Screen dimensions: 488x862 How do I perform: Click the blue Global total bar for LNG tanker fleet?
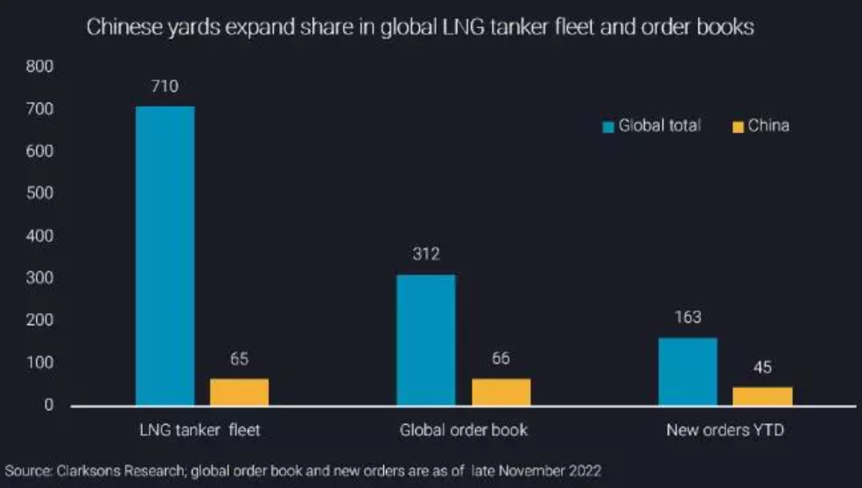[165, 255]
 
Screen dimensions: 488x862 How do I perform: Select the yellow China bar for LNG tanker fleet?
[240, 392]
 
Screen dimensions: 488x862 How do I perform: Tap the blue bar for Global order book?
[426, 340]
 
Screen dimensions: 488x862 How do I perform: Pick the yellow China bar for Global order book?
[501, 392]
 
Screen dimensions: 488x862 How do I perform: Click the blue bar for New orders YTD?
[688, 371]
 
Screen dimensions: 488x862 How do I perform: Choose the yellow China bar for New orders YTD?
[762, 396]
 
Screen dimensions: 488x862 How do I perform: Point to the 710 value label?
[165, 86]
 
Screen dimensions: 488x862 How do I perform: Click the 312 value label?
[426, 254]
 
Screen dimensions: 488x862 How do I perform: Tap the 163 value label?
[688, 317]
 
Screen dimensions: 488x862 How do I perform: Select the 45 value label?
[762, 367]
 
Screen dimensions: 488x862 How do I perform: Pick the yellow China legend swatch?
[737, 127]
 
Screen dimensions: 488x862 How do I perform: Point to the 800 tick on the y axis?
[41, 66]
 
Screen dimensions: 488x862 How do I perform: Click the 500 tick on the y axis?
[41, 194]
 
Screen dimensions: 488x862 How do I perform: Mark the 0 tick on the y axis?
[50, 406]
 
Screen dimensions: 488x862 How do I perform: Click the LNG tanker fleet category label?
[200, 430]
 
